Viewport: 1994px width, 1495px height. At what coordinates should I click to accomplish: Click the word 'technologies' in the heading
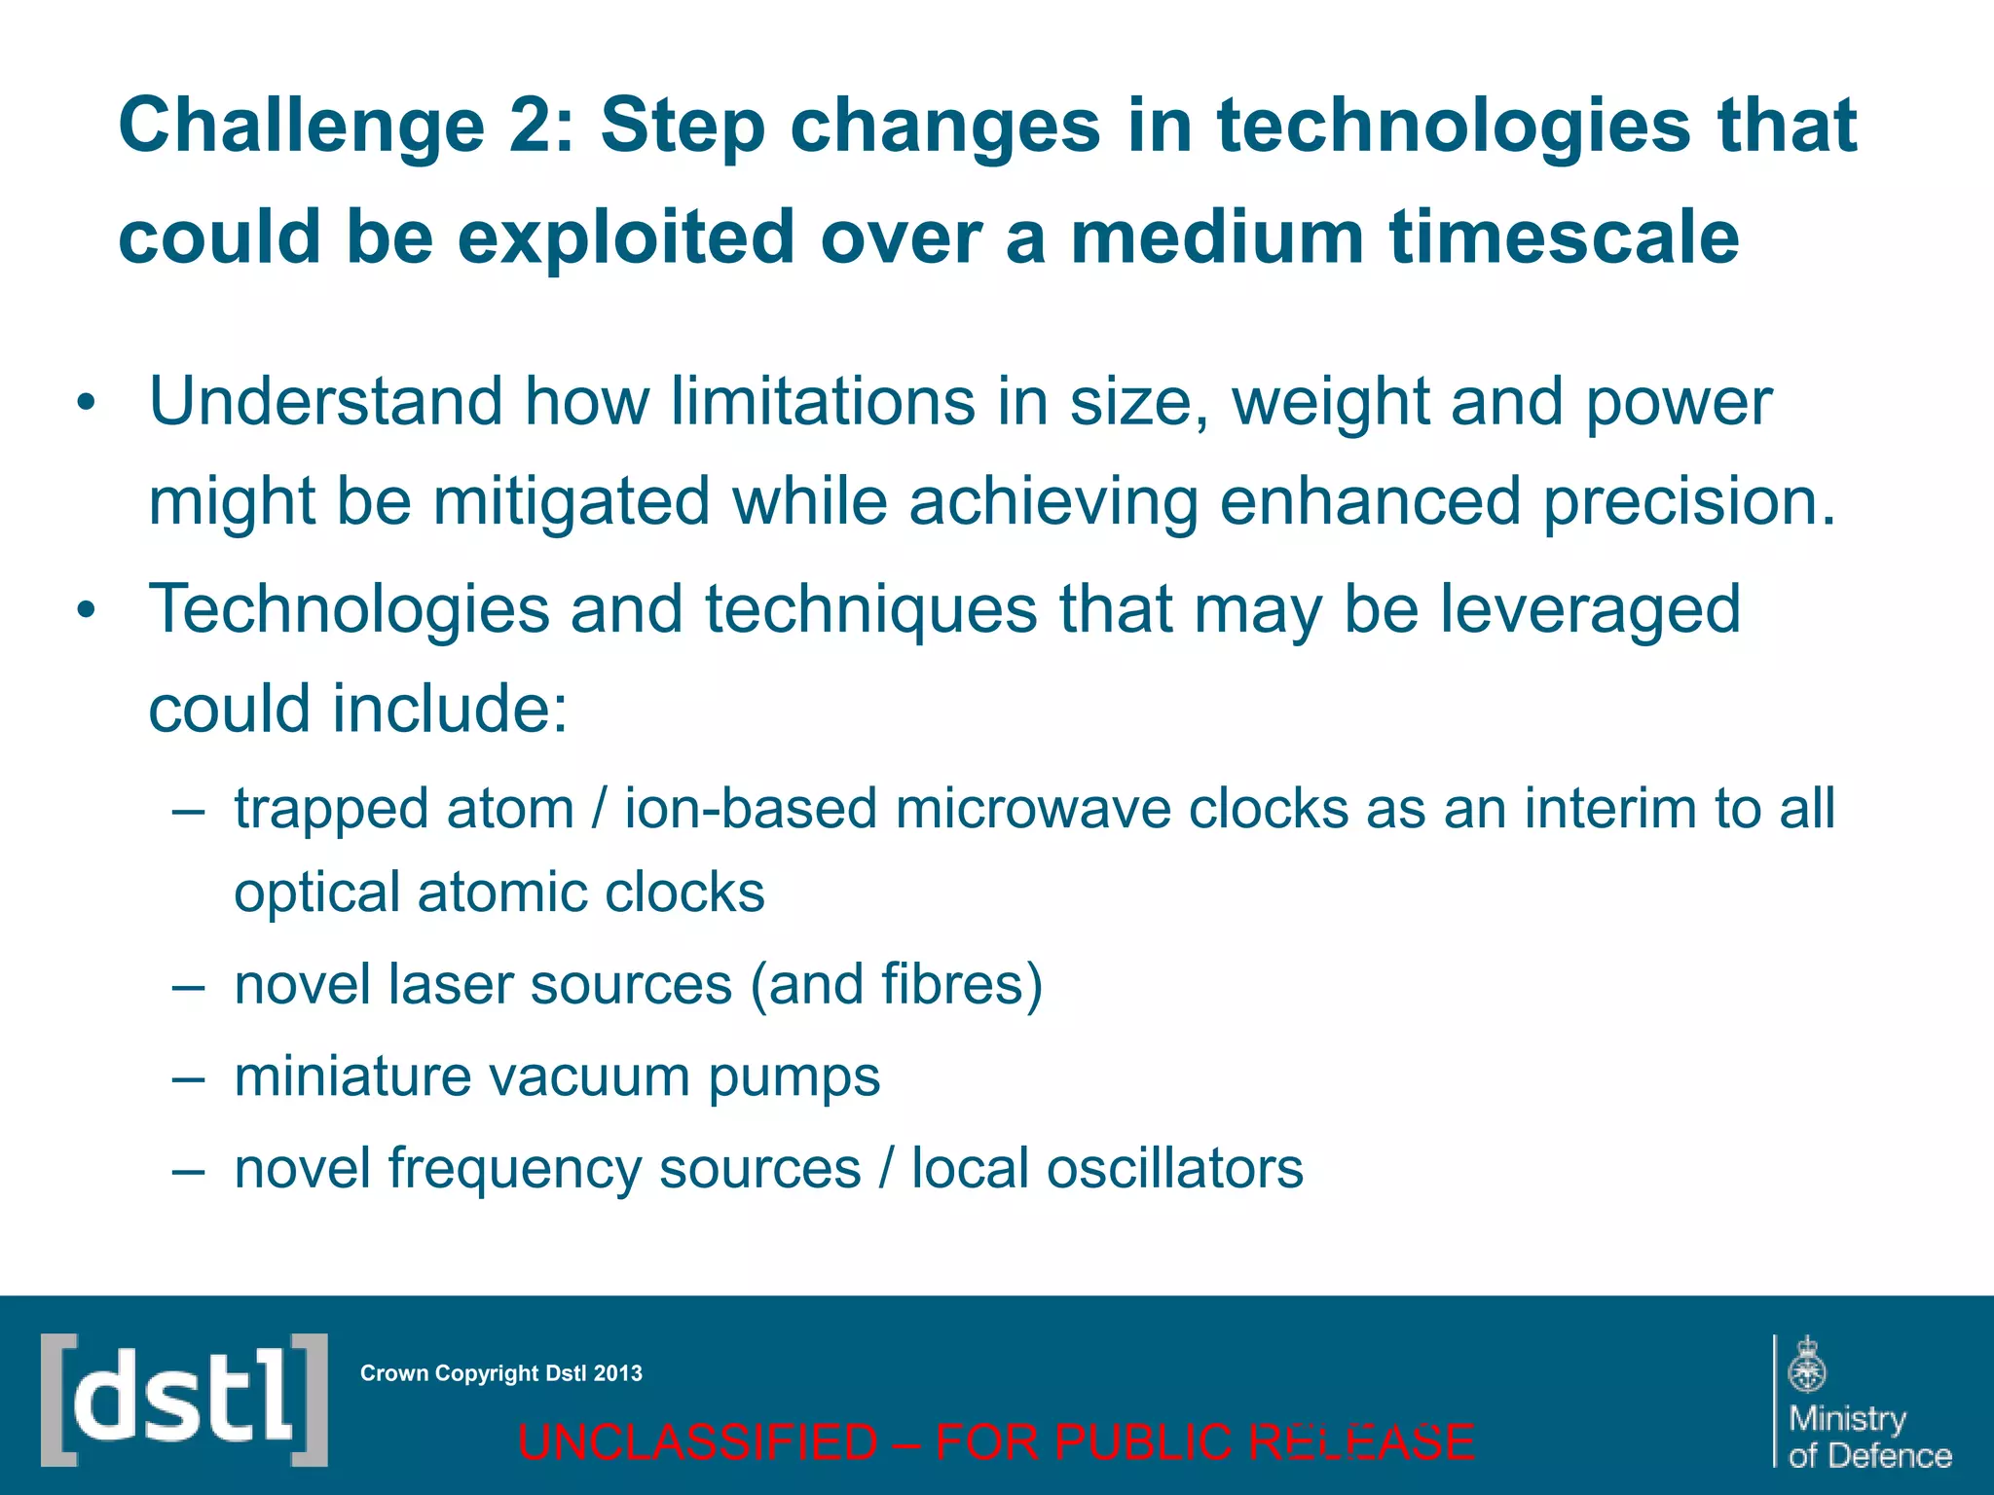click(x=1453, y=127)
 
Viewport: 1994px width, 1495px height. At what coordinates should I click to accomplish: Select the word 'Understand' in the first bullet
click(x=325, y=402)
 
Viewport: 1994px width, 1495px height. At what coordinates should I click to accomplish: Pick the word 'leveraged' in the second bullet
click(x=1590, y=610)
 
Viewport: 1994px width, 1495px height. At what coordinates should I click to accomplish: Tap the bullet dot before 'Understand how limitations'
click(x=87, y=404)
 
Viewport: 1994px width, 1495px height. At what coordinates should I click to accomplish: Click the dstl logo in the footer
click(x=184, y=1400)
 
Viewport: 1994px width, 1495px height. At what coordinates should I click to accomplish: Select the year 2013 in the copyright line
click(x=618, y=1373)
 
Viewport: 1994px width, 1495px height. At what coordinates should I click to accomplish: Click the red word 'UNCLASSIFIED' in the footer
click(x=697, y=1441)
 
